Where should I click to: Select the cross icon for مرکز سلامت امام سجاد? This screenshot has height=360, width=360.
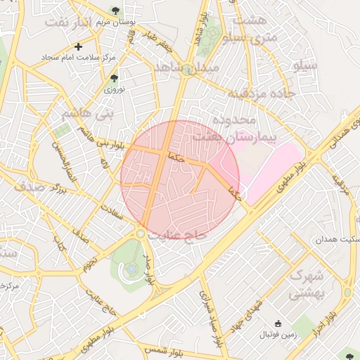(x=78, y=46)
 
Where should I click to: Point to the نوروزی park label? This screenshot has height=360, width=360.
(x=114, y=89)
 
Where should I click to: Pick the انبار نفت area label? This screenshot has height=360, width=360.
(x=68, y=22)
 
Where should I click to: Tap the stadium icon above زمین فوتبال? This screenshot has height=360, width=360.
(x=278, y=323)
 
